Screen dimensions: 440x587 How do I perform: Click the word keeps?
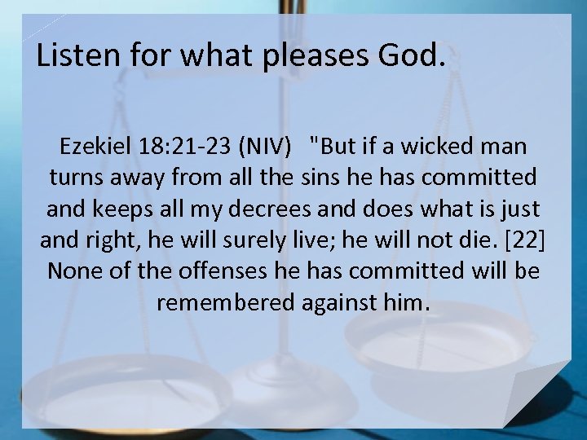(x=117, y=209)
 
